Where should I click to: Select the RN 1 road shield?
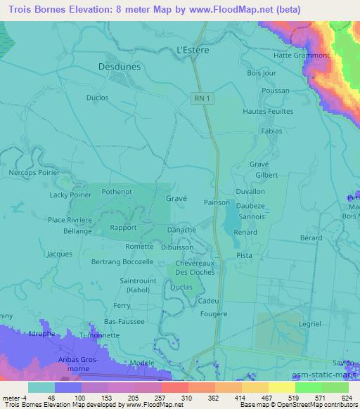202,99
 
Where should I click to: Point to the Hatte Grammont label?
302,56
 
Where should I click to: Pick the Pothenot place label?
117,190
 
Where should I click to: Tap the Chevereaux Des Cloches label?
195,266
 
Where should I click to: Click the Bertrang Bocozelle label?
122,261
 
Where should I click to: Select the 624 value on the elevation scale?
346,398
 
